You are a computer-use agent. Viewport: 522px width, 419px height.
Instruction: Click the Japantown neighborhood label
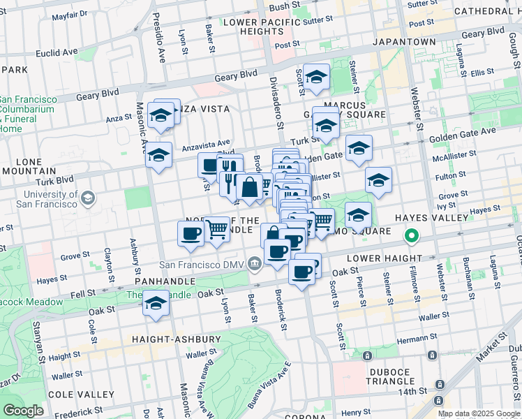pos(404,42)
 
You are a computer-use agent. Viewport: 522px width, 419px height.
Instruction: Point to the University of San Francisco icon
pos(88,199)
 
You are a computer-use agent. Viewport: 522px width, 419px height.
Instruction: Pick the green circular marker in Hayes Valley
pos(412,237)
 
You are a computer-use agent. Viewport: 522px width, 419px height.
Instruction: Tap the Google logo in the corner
pos(23,411)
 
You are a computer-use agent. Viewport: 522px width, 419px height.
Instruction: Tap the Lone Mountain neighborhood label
pos(29,165)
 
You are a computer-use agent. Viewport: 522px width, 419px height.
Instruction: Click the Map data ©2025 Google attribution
pos(479,413)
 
